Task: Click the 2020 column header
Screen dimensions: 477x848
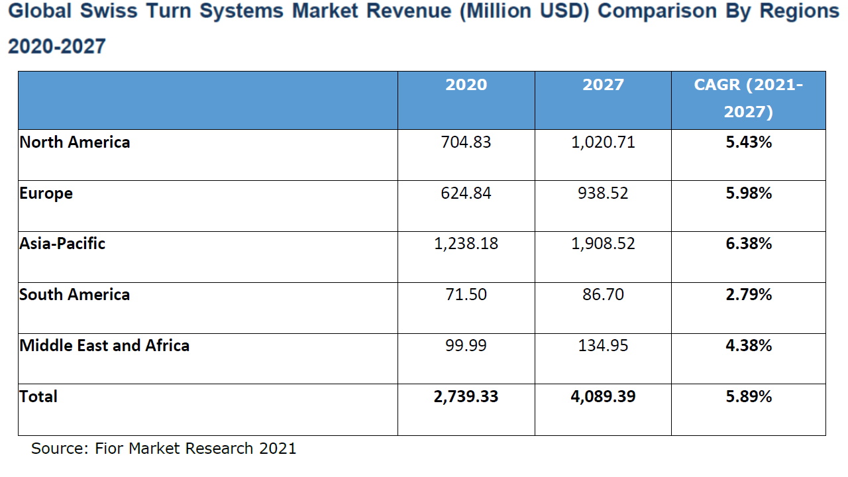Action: (x=466, y=85)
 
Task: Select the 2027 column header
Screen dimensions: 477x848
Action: (x=603, y=85)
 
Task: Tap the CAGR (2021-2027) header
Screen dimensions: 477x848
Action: (x=748, y=99)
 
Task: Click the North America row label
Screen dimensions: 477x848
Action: (x=75, y=142)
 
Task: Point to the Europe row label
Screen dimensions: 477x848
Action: (x=46, y=193)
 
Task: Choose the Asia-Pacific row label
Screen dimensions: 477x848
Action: (x=62, y=244)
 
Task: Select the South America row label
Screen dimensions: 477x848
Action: (x=75, y=295)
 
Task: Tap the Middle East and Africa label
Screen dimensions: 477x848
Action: (x=105, y=346)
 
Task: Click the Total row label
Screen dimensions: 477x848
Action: (x=38, y=397)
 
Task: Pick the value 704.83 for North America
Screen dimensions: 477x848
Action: (x=466, y=142)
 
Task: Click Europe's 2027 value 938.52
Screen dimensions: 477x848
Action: (x=603, y=193)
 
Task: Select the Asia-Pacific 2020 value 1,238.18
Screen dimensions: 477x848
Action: (x=466, y=244)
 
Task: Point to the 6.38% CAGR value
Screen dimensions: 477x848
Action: (x=749, y=244)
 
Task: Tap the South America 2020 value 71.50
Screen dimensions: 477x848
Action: (x=466, y=295)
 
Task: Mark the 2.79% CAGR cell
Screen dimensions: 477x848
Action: (x=749, y=295)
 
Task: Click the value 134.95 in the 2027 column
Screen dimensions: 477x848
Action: (x=603, y=346)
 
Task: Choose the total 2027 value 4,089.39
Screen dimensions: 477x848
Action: (x=603, y=397)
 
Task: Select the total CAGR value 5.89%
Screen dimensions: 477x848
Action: (x=749, y=397)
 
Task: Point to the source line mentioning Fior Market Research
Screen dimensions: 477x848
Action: (x=164, y=449)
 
